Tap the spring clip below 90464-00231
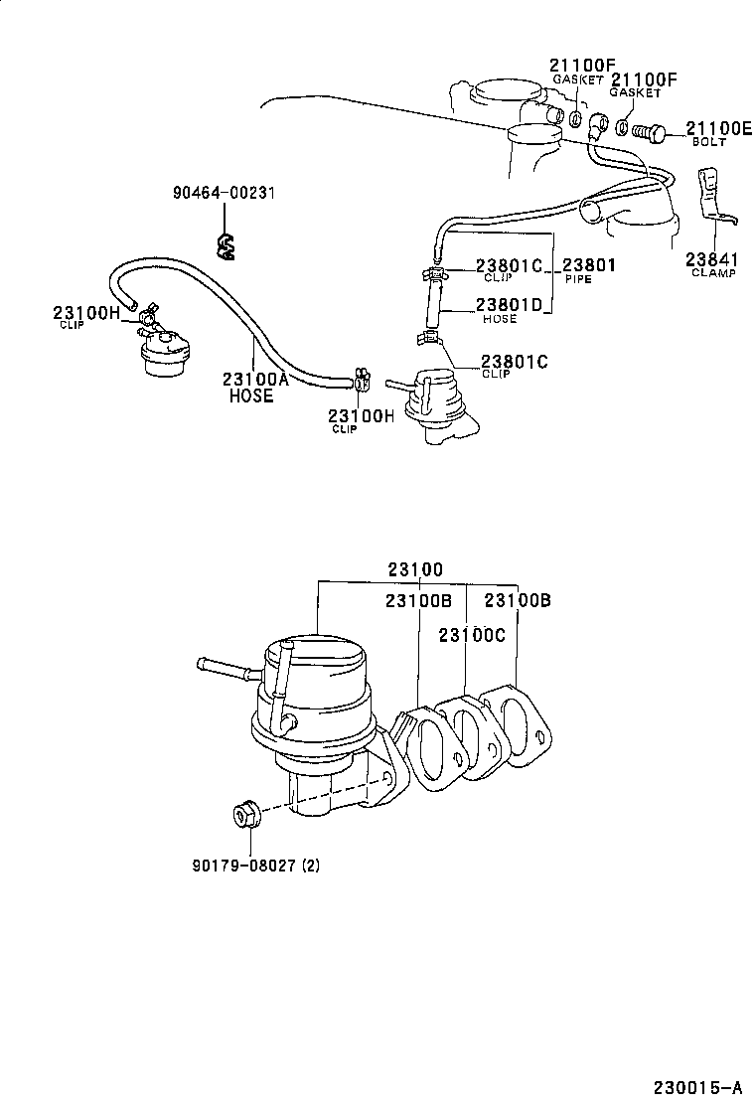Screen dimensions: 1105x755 [x=226, y=244]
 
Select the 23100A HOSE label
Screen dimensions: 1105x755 [x=255, y=386]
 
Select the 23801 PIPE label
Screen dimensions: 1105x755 [x=589, y=269]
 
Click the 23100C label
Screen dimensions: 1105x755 [x=473, y=634]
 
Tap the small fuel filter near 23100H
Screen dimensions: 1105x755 [x=163, y=354]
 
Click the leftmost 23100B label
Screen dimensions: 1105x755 [x=418, y=601]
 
